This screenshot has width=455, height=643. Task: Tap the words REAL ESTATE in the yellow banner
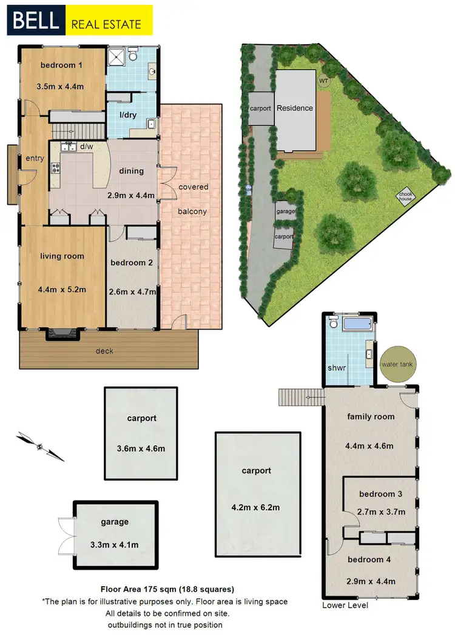106,25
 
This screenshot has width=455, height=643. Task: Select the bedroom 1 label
62,65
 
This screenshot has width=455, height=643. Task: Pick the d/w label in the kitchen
86,147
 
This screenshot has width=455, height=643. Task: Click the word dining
131,171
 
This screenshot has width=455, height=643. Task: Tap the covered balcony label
193,199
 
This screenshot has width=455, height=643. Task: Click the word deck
104,350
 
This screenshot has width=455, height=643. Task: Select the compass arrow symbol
40,447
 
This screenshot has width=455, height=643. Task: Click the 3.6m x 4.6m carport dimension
141,449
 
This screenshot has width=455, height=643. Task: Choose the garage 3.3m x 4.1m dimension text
115,545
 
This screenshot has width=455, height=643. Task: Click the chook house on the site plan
405,196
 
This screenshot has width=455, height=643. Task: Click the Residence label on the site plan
295,108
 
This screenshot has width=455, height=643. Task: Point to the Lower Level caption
345,605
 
